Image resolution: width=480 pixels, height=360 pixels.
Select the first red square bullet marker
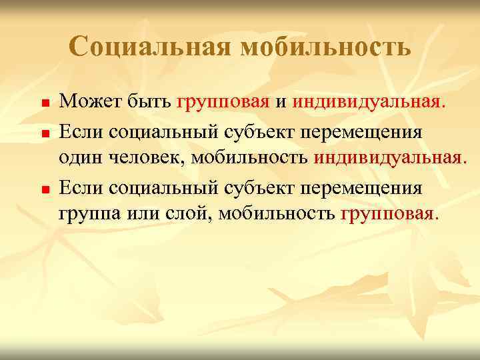pos(43,104)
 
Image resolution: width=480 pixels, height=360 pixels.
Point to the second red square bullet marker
pos(43,133)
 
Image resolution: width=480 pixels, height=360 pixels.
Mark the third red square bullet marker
pos(43,191)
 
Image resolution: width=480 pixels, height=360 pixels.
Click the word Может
pos(83,101)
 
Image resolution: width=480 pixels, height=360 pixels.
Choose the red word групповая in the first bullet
pos(223,102)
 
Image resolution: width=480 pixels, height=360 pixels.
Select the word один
pos(79,159)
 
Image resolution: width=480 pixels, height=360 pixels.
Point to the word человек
pos(147,159)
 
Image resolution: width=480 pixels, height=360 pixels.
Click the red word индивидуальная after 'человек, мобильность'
pos(389,159)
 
